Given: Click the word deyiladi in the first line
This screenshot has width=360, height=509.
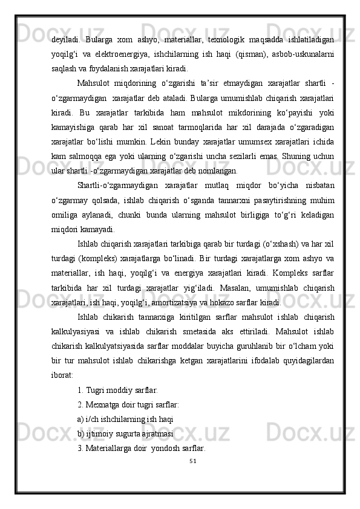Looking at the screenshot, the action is (65, 40).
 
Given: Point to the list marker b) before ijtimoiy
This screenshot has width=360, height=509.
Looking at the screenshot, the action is (81, 433).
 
